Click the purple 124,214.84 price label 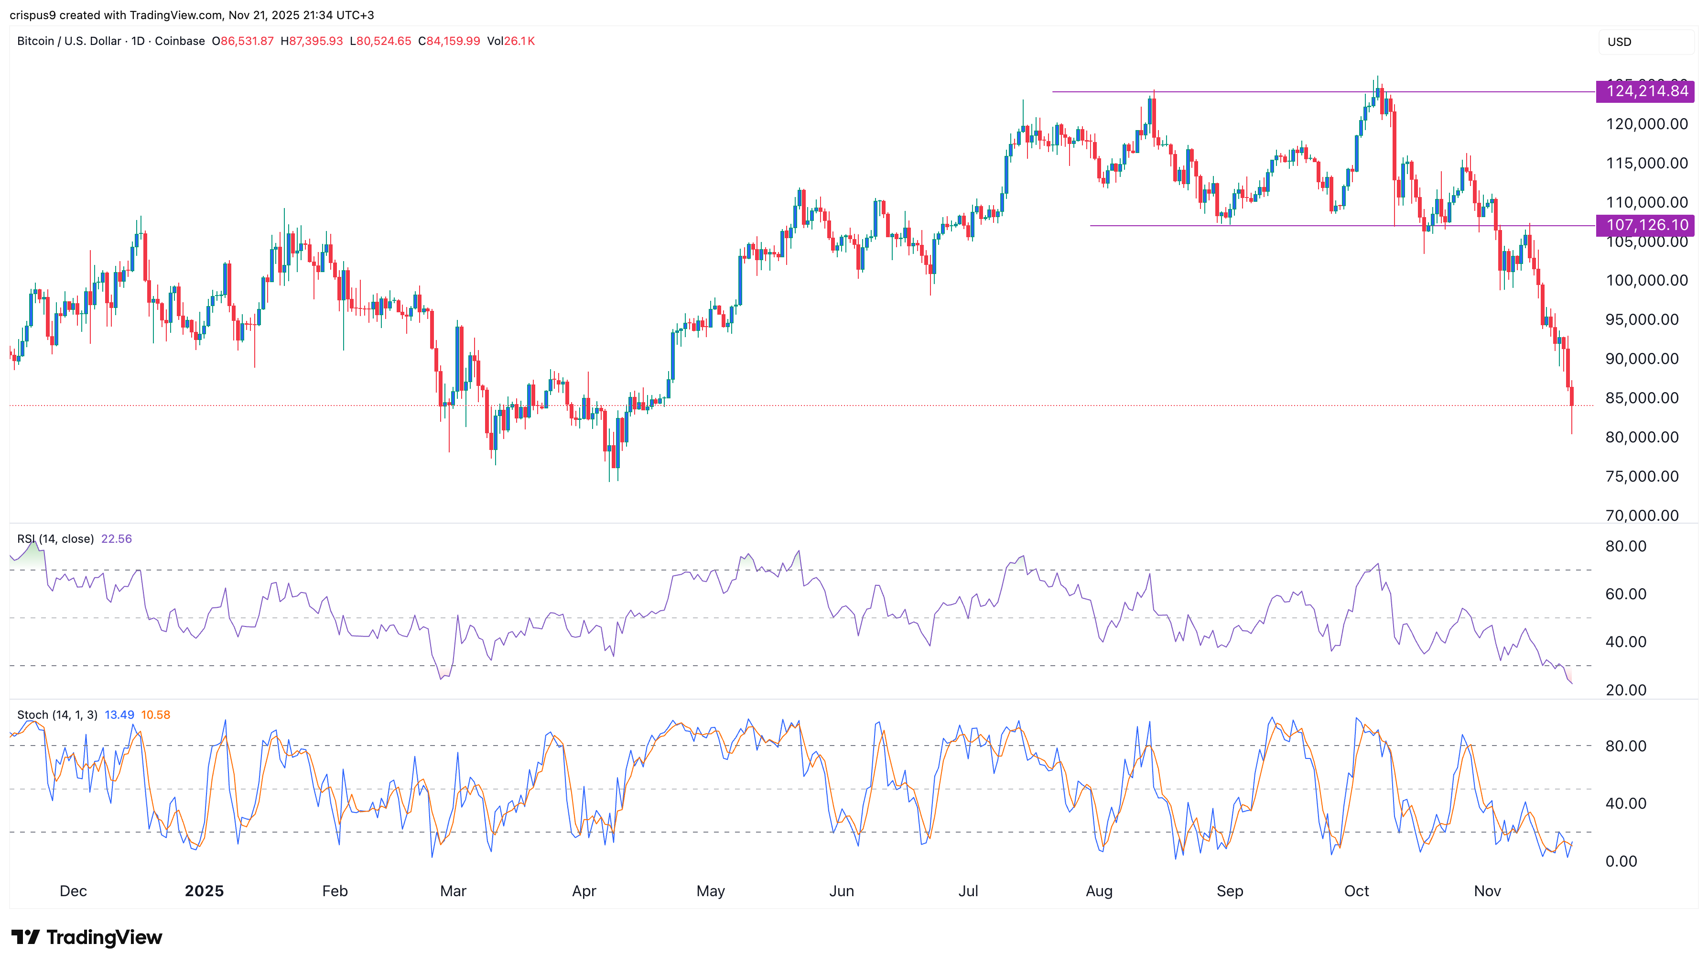tap(1646, 91)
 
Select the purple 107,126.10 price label tap(1646, 225)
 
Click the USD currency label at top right tap(1619, 42)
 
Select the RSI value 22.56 tap(117, 539)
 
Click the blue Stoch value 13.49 tap(119, 714)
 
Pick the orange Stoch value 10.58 tap(156, 714)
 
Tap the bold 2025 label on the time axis tap(204, 891)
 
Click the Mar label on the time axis tap(453, 891)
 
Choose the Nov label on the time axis tap(1487, 891)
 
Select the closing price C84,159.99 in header tap(449, 41)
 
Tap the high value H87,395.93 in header tap(312, 41)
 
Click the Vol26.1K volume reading tap(510, 41)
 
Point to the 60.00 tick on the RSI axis tap(1626, 594)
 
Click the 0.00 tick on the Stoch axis tap(1621, 861)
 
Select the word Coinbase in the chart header tap(180, 41)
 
